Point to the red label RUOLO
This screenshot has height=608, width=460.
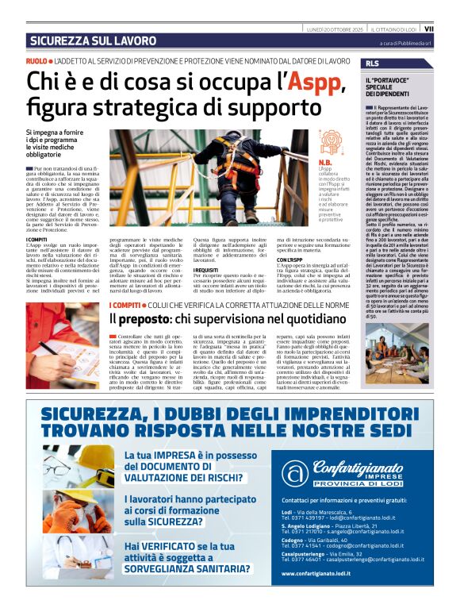(x=36, y=61)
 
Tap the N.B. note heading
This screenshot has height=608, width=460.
(x=325, y=161)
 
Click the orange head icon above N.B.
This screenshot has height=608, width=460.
(x=330, y=141)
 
